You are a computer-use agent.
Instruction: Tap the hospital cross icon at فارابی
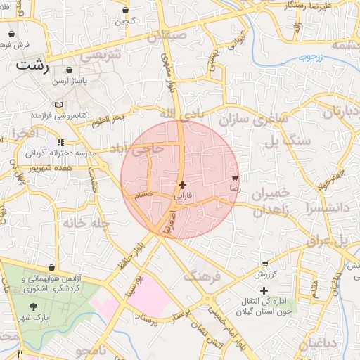[183, 186]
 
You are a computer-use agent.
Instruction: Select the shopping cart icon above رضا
[234, 178]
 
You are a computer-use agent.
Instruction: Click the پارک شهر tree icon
[34, 307]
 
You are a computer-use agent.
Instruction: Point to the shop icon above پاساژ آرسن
[70, 71]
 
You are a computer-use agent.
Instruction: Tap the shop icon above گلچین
[125, 11]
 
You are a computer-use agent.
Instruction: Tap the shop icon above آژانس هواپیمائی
[52, 268]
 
